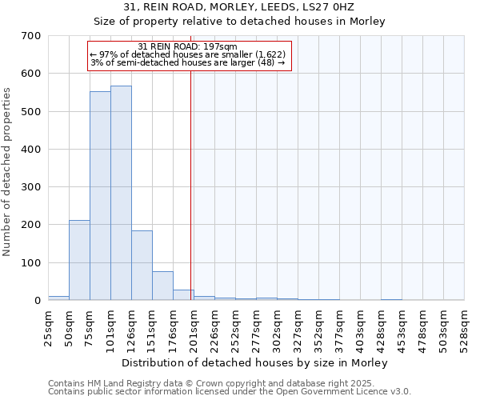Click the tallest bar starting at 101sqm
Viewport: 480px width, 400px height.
(121, 193)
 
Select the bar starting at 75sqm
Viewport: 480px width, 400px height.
(100, 196)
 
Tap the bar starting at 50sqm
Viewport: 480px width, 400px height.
(79, 260)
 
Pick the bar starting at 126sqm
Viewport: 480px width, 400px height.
(142, 265)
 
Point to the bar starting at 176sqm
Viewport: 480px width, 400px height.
(183, 294)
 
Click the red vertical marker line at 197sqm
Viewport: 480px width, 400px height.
(191, 184)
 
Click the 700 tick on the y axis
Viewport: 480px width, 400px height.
(31, 36)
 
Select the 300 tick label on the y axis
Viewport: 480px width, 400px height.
(31, 187)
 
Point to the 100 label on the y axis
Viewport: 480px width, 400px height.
(31, 263)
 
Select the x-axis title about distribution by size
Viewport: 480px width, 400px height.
(256, 362)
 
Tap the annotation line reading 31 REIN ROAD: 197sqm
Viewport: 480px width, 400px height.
(187, 46)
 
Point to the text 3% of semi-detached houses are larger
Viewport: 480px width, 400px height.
(187, 62)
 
